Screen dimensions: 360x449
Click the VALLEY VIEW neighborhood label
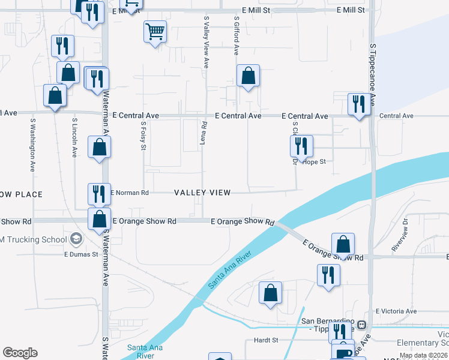point(202,193)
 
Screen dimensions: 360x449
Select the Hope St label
point(315,162)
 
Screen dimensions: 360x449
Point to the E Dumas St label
point(81,254)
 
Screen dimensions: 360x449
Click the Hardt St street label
point(266,340)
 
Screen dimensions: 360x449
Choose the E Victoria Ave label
point(396,311)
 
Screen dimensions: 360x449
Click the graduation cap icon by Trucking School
point(76,239)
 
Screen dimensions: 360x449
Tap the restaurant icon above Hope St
point(301,146)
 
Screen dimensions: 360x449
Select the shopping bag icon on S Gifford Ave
point(248,76)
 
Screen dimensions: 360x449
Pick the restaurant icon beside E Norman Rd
point(99,193)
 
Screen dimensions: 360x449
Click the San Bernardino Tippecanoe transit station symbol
point(361,325)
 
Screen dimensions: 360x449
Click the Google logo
point(20,353)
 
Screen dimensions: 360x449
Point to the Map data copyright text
point(423,356)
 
